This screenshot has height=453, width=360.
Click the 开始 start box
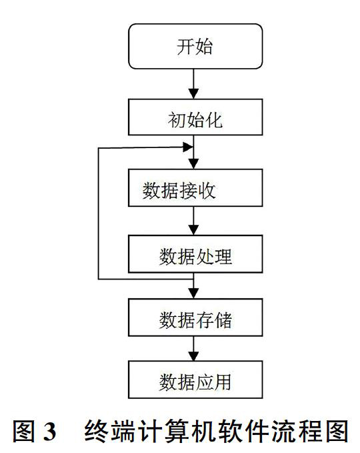[195, 46]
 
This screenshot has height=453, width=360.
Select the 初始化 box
[195, 117]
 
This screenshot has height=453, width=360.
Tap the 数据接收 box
[195, 187]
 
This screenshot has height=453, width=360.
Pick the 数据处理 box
[195, 254]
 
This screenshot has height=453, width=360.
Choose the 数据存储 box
[195, 317]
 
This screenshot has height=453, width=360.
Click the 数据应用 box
[195, 380]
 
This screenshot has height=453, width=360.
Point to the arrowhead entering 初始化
[194, 94]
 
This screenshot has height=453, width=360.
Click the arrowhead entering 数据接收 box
[194, 164]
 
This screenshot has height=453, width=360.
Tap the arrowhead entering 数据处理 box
[194, 230]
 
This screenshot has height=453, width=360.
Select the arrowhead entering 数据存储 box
[194, 294]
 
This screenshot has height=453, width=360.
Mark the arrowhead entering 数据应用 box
[194, 356]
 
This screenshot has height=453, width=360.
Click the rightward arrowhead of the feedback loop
[188, 147]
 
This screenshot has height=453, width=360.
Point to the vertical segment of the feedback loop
[99, 213]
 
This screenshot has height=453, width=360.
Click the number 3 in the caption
[49, 432]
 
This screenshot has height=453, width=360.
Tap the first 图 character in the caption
[24, 432]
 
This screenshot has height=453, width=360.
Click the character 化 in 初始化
[213, 120]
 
